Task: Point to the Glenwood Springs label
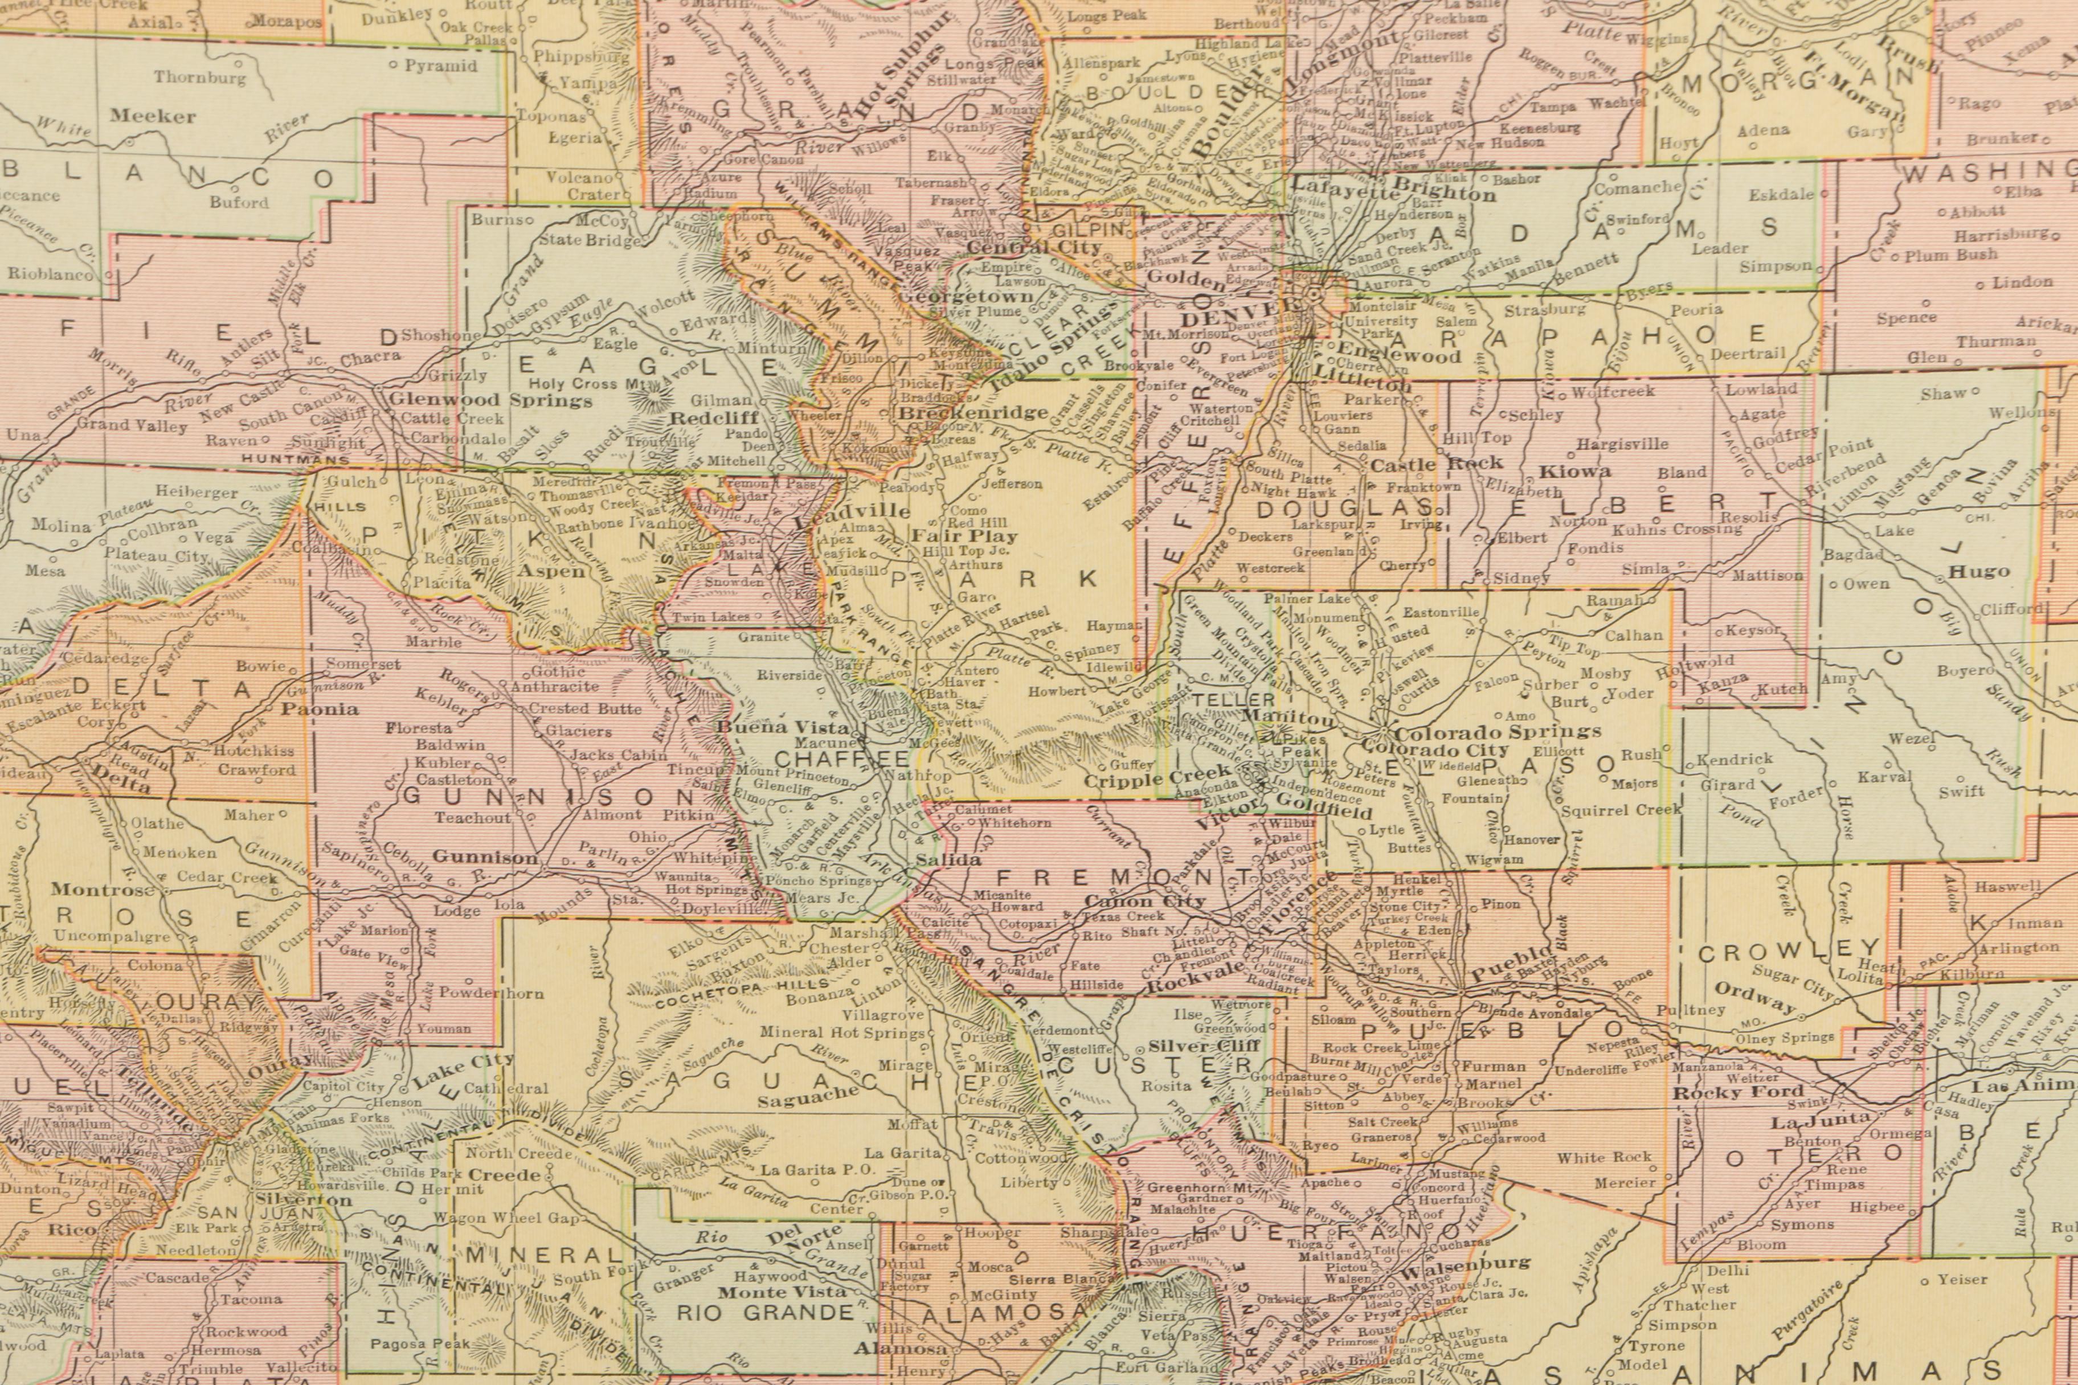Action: tap(490, 399)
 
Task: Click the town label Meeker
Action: tap(153, 116)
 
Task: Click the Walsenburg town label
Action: tap(1467, 1262)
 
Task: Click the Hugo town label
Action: tap(1979, 572)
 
